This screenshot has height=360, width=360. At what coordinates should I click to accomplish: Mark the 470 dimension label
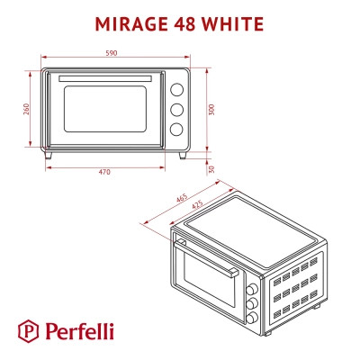coord(104,173)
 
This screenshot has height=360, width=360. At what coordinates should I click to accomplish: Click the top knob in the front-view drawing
coord(176,89)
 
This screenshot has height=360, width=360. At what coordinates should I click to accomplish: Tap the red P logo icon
coord(31,330)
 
